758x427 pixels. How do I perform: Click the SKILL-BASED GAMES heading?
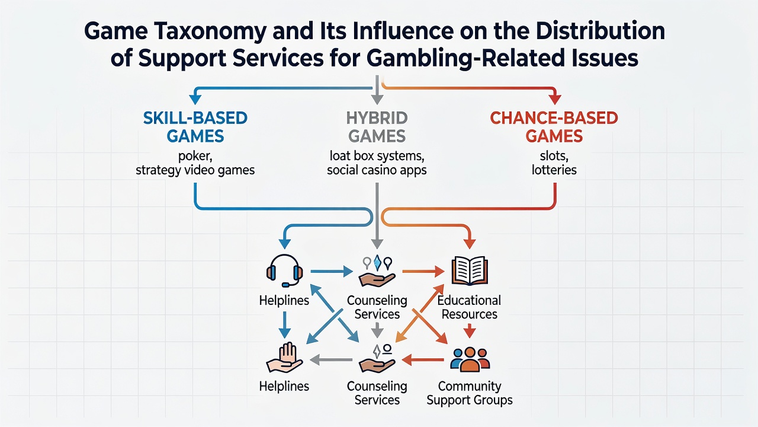coord(195,127)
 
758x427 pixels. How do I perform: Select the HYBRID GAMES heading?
coord(377,127)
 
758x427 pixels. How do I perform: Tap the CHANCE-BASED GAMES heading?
coord(554,127)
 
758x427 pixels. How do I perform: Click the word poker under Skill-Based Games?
coord(195,156)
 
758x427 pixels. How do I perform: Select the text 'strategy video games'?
coord(195,170)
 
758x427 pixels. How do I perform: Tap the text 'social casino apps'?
coord(377,170)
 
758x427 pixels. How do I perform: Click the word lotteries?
coord(554,170)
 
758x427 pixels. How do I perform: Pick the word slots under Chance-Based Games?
coord(554,156)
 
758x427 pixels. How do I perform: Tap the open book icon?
coord(470,271)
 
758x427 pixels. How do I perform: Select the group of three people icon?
coord(470,359)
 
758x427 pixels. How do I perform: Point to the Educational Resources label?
coord(470,307)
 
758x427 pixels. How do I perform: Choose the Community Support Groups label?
coord(470,393)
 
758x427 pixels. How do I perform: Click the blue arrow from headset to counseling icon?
coord(332,271)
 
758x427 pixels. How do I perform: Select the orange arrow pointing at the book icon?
coord(423,271)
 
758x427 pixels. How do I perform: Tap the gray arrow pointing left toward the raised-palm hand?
coord(331,359)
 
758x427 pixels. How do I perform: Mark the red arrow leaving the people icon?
coord(423,359)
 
